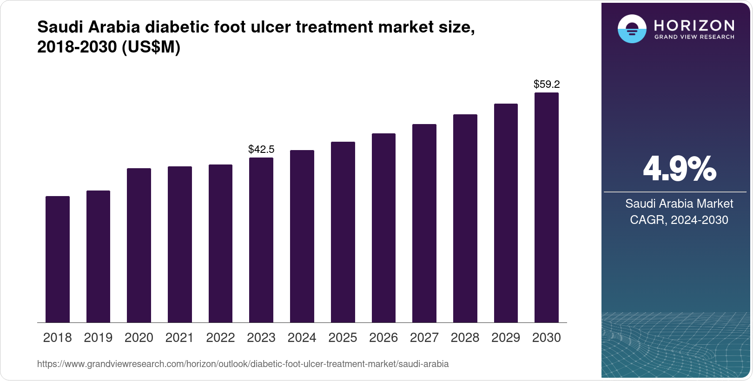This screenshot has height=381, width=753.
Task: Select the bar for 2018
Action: pyautogui.click(x=58, y=259)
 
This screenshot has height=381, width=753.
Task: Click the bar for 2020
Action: pyautogui.click(x=139, y=245)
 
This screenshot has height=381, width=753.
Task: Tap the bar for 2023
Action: pyautogui.click(x=261, y=240)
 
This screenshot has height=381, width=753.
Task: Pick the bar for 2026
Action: pyautogui.click(x=383, y=228)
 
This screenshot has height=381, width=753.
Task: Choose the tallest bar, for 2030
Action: pyautogui.click(x=547, y=207)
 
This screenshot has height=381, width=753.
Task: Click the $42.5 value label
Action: pyautogui.click(x=261, y=150)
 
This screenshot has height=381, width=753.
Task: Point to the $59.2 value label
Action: pyautogui.click(x=547, y=85)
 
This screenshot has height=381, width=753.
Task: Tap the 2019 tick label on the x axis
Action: pyautogui.click(x=98, y=338)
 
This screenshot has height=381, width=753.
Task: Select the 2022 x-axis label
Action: pyautogui.click(x=220, y=338)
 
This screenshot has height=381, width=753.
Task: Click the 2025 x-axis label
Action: pyautogui.click(x=343, y=338)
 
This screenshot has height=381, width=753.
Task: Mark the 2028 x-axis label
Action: pyautogui.click(x=465, y=338)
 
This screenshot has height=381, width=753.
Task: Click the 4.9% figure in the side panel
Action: pyautogui.click(x=679, y=169)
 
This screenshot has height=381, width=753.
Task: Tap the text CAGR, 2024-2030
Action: pyautogui.click(x=679, y=220)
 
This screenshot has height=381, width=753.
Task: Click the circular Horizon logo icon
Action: pyautogui.click(x=632, y=29)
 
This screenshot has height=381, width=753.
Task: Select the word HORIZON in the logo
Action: pyautogui.click(x=694, y=25)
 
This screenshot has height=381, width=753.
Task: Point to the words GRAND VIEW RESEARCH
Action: pyautogui.click(x=694, y=37)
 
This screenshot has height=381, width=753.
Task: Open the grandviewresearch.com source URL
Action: pyautogui.click(x=243, y=364)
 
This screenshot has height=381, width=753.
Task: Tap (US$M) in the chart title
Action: pyautogui.click(x=151, y=47)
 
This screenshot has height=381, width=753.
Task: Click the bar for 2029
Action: pyautogui.click(x=506, y=213)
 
